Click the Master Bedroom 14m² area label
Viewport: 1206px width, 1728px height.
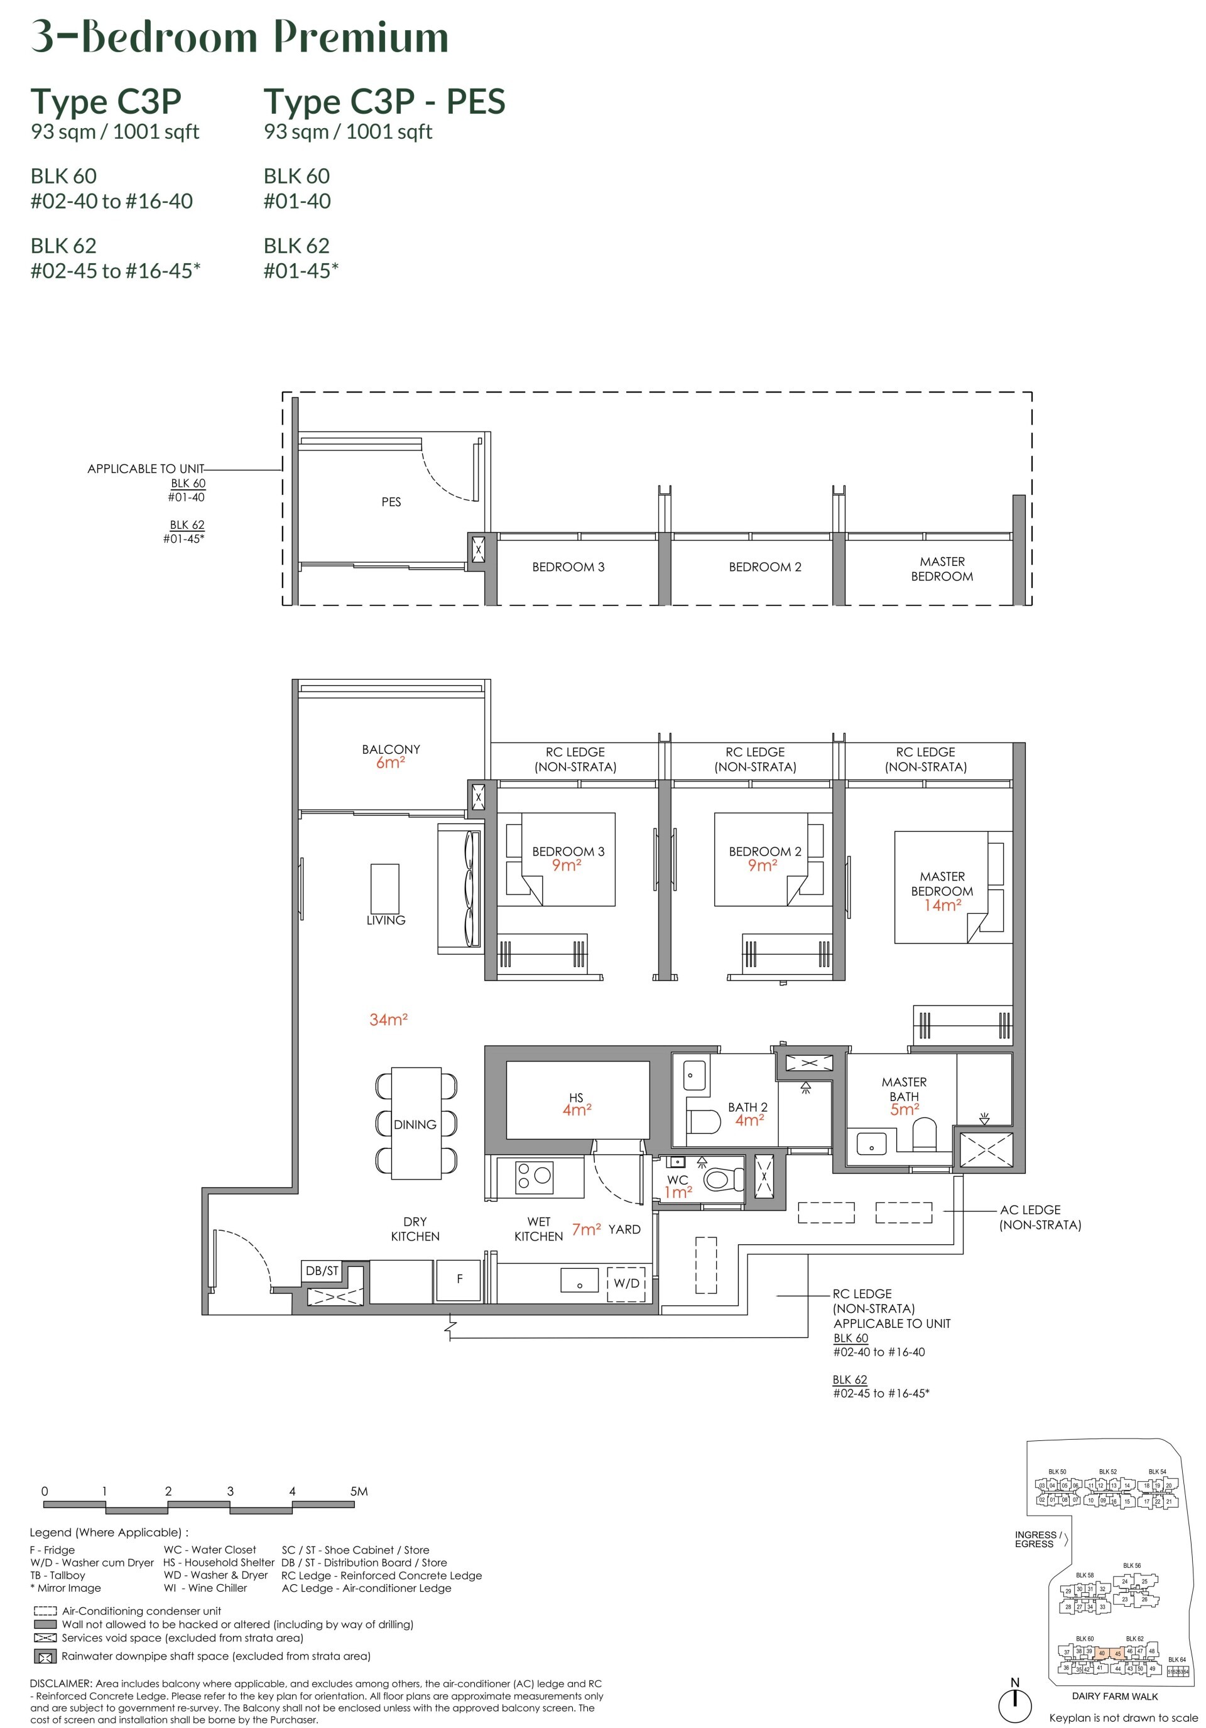[941, 891]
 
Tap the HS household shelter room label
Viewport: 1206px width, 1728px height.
[577, 1104]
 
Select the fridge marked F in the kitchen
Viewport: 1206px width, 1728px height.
[459, 1280]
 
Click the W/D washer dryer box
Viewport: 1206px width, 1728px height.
[626, 1283]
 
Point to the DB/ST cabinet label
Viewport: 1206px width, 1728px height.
[322, 1271]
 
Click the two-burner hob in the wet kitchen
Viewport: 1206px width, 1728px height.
[534, 1177]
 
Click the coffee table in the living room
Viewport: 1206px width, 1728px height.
[384, 888]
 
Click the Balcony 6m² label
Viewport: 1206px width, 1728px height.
[391, 756]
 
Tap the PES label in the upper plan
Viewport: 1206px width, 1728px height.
[391, 502]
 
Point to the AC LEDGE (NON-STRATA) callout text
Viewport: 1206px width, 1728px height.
[1040, 1217]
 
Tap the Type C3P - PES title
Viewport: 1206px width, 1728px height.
[384, 102]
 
